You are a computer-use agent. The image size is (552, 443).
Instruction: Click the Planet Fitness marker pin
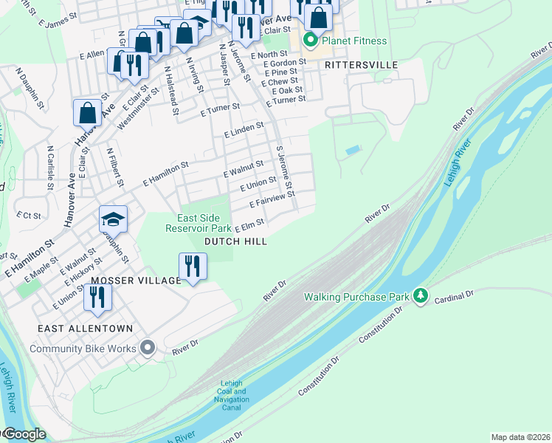[311, 40]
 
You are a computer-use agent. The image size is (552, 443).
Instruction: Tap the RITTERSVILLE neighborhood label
[362, 65]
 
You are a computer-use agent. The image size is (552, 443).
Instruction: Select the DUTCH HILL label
[235, 241]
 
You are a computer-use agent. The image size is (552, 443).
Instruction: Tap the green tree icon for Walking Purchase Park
[421, 296]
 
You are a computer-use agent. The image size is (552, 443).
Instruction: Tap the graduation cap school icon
[113, 219]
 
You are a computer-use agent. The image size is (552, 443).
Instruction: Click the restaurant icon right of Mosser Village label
[193, 266]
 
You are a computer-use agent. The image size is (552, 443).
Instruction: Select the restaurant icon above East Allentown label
[97, 297]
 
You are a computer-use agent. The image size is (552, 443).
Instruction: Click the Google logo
[24, 434]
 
